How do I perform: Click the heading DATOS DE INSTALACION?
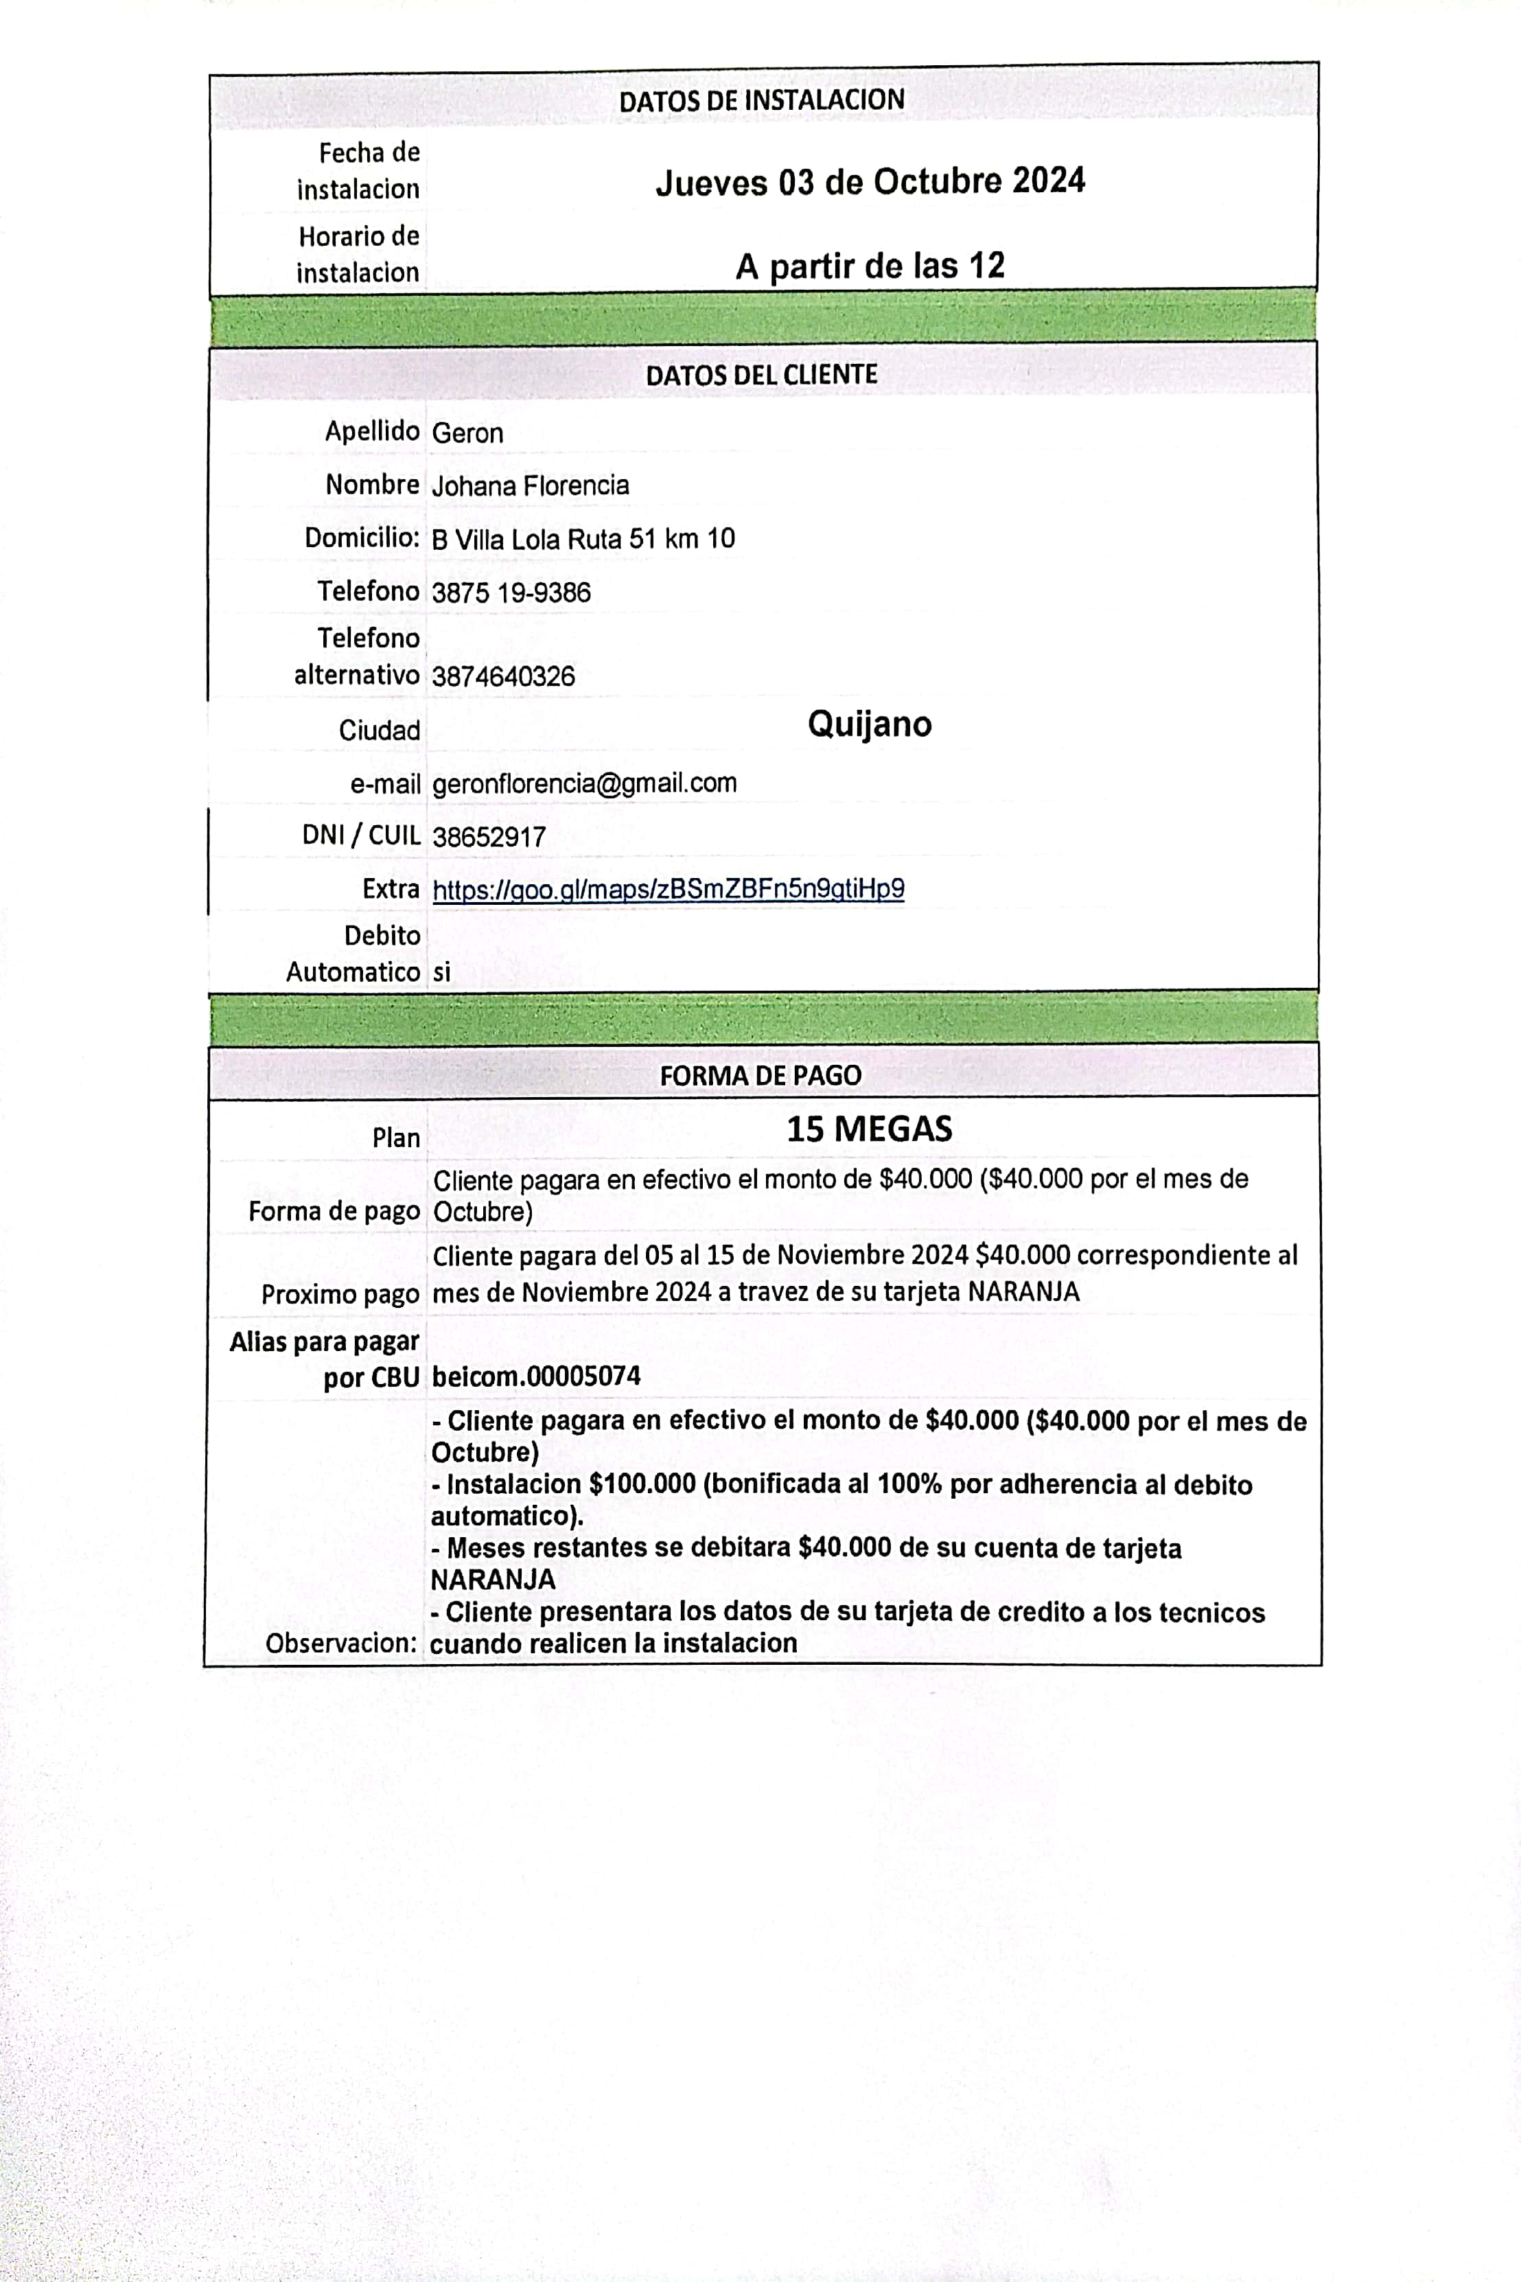pyautogui.click(x=761, y=100)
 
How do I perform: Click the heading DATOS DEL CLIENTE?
pyautogui.click(x=761, y=375)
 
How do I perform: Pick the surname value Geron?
pyautogui.click(x=467, y=433)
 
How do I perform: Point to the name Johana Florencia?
pyautogui.click(x=530, y=485)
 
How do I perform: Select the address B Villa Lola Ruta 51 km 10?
pyautogui.click(x=583, y=538)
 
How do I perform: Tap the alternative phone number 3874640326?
pyautogui.click(x=502, y=676)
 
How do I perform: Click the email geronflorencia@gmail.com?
pyautogui.click(x=584, y=783)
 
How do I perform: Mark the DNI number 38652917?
pyautogui.click(x=489, y=836)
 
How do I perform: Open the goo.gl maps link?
pyautogui.click(x=669, y=889)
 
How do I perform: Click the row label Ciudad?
pyautogui.click(x=380, y=730)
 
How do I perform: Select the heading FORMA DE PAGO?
pyautogui.click(x=760, y=1075)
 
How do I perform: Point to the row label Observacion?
pyautogui.click(x=341, y=1643)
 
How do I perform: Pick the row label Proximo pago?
pyautogui.click(x=340, y=1294)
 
